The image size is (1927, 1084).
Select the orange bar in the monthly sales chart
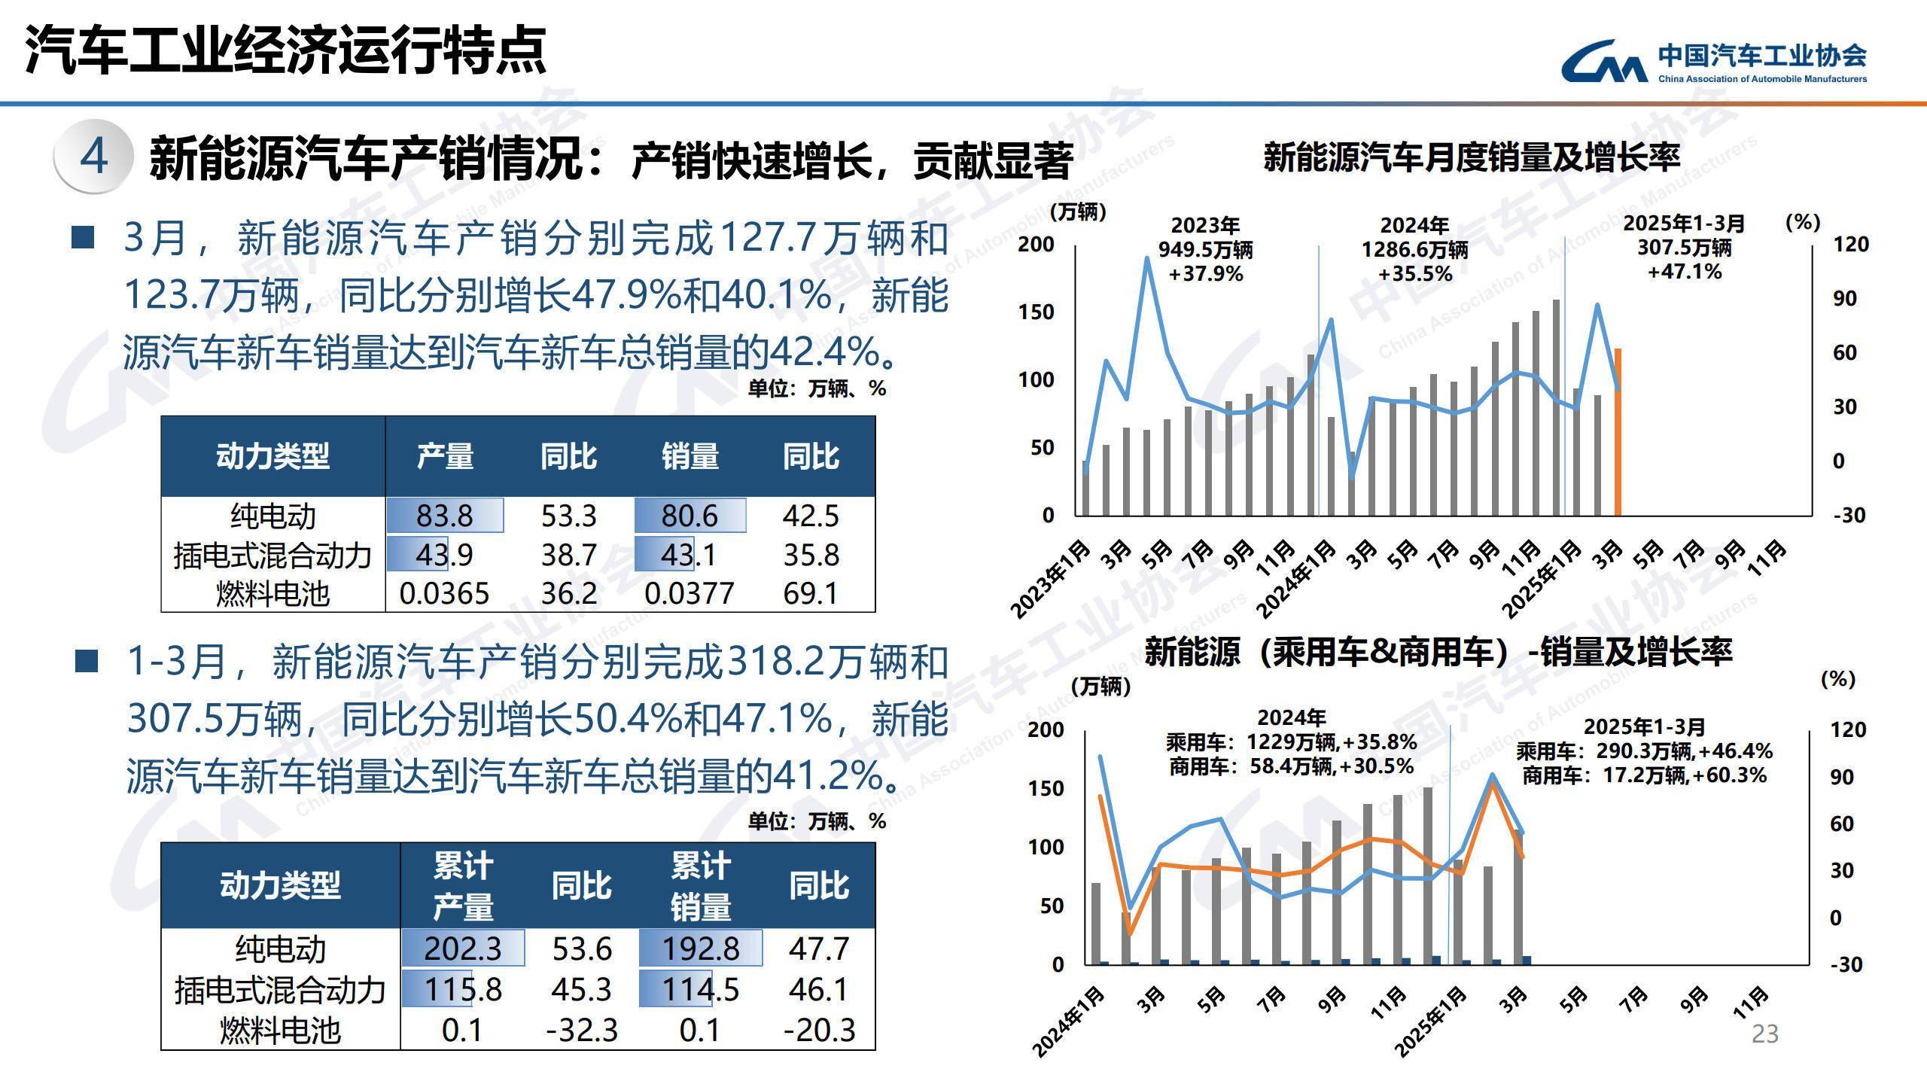1618,433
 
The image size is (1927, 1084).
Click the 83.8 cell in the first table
444,516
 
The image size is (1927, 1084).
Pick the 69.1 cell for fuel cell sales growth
810,593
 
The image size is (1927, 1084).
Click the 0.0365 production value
444,593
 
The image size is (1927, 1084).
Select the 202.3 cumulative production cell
462,948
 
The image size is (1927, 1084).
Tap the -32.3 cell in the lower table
581,1029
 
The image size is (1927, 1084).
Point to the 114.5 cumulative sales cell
700,988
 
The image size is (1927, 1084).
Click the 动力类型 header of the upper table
272,456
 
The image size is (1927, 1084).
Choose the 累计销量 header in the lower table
700,886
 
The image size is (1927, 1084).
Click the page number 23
1764,1034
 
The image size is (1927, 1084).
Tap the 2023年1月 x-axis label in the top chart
1050,579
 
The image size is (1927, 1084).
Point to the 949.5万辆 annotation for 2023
1205,249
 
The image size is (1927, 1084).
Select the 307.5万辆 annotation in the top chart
1684,247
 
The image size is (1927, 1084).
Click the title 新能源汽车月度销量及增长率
1471,157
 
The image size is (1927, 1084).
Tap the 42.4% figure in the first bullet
823,352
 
